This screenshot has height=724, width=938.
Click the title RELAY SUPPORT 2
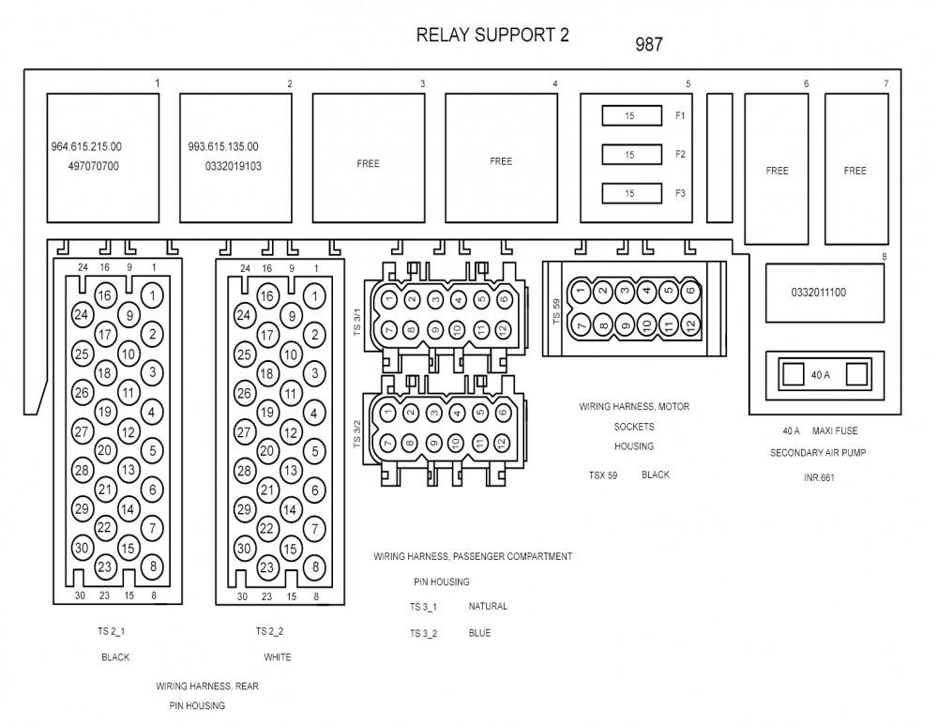coord(492,36)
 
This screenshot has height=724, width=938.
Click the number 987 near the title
coord(649,44)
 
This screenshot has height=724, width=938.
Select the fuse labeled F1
coord(630,115)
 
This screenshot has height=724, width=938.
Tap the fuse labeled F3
coord(630,193)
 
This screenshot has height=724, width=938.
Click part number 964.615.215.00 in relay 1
coord(86,147)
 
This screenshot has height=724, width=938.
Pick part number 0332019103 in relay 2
coord(233,166)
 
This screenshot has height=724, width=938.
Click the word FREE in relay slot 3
coord(369,163)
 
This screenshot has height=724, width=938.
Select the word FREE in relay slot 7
coord(855,171)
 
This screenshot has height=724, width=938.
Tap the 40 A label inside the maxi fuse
coord(821,375)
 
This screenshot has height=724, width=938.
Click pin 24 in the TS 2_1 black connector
coord(82,315)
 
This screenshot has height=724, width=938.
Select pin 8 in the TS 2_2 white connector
coord(315,566)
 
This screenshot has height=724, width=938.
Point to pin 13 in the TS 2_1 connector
coord(129,470)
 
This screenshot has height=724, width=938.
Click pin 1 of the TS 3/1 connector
coord(388,300)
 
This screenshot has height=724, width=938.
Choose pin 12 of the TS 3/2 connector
coord(504,442)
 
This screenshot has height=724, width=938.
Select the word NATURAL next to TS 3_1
coord(488,607)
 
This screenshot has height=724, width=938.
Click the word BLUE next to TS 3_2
coord(479,633)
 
